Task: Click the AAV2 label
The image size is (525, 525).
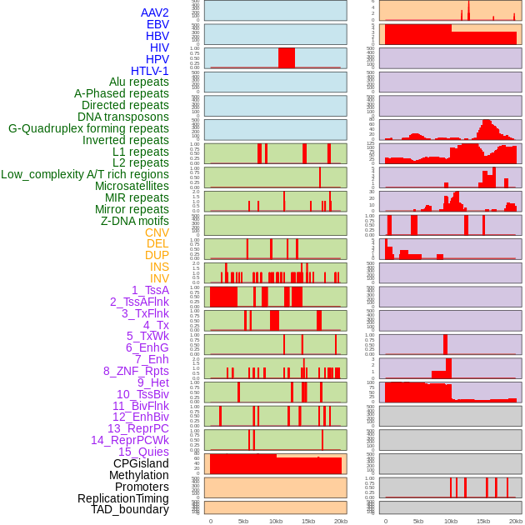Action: pos(155,12)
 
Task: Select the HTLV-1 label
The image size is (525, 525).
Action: pos(150,71)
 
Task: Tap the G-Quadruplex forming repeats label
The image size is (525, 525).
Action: pos(88,128)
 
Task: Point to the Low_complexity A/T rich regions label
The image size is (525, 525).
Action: pos(85,174)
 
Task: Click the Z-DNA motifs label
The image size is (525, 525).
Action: pos(135,221)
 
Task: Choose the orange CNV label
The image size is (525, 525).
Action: pos(157,232)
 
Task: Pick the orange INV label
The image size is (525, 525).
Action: pos(159,278)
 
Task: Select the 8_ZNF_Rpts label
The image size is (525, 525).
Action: pos(136,371)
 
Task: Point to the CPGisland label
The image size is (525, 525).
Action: pos(141,463)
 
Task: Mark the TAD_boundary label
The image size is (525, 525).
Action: pos(130,509)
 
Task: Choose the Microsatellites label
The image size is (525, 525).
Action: pos(132,186)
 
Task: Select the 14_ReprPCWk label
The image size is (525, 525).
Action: pos(130,440)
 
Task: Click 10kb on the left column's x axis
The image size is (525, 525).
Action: pos(275,521)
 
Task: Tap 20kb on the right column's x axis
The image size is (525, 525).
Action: pos(516,521)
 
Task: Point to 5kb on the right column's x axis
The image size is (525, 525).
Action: pos(418,521)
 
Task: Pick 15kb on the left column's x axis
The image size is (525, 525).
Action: pos(308,521)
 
